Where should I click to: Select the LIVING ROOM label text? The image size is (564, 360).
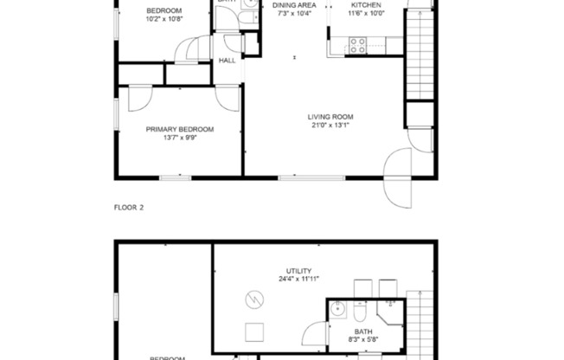tap(330, 117)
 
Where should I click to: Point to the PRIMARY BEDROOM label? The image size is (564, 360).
tap(179, 129)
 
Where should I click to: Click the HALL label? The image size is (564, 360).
tap(228, 61)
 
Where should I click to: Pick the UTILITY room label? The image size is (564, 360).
tap(299, 271)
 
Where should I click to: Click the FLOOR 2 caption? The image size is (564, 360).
tap(129, 208)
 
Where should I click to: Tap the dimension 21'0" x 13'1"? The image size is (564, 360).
tap(330, 125)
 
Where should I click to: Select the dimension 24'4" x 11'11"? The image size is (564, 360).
tap(299, 280)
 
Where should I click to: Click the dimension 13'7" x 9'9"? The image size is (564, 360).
tap(179, 138)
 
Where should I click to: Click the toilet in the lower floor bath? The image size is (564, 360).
tap(362, 312)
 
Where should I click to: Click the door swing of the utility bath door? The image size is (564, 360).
tap(312, 333)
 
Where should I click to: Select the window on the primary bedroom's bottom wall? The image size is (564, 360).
tap(175, 177)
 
